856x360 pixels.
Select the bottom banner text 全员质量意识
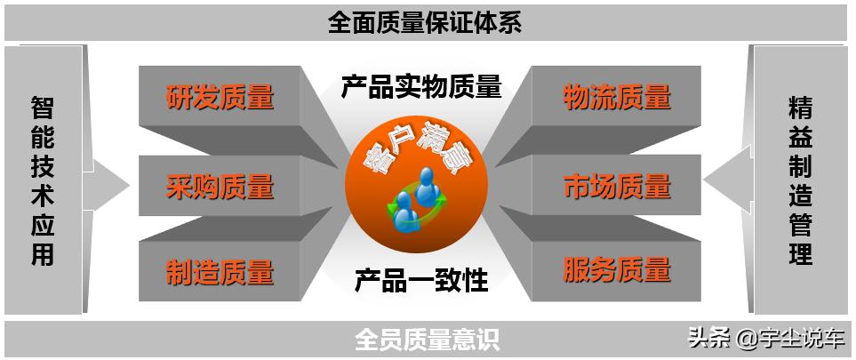click(x=427, y=339)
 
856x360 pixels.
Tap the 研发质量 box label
click(x=220, y=96)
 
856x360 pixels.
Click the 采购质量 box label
click(x=220, y=187)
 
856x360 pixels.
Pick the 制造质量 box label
click(x=220, y=271)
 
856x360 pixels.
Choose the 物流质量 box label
click(x=617, y=96)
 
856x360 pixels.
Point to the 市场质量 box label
click(x=617, y=187)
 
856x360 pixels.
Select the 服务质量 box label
click(x=617, y=268)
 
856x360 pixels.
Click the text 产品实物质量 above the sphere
click(x=421, y=86)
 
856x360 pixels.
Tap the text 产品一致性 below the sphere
click(x=421, y=280)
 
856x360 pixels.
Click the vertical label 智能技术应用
click(x=43, y=181)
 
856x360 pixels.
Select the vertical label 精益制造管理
click(x=800, y=181)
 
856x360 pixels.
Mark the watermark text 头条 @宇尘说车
click(x=766, y=339)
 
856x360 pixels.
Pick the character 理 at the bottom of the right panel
click(x=800, y=254)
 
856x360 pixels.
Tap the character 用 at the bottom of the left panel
click(x=43, y=255)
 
